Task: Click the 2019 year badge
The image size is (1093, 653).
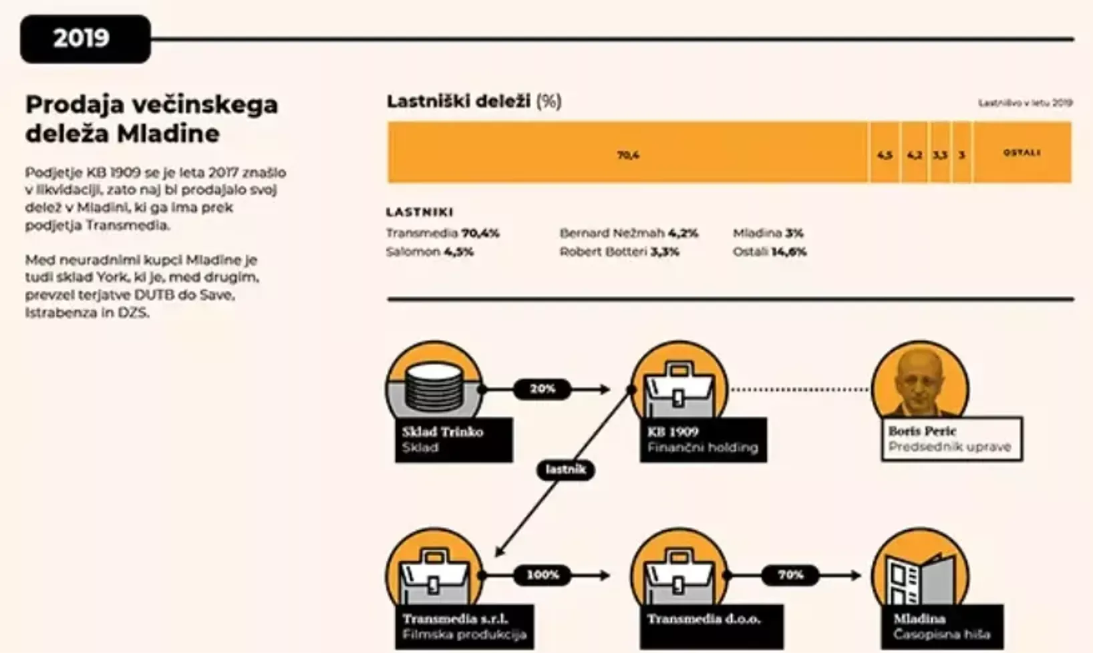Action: (85, 39)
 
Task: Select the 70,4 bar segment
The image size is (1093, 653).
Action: (627, 153)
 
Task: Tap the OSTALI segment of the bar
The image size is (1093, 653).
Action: (1022, 153)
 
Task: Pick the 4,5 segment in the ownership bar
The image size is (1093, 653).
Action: (885, 154)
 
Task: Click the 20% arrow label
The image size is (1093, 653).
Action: (542, 389)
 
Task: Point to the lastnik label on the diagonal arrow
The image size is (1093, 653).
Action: (565, 469)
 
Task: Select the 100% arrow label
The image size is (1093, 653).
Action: (542, 575)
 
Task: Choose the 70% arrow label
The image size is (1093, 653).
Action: (790, 575)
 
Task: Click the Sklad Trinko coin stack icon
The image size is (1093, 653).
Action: (434, 383)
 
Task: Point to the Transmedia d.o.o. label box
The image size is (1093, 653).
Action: (711, 626)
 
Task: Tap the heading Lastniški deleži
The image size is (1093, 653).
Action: (458, 101)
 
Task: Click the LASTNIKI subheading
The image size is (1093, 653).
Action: (420, 212)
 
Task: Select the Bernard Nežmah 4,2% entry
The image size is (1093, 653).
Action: (629, 233)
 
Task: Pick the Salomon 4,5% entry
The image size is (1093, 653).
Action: (430, 252)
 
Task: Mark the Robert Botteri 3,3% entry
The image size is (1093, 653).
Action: (619, 252)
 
